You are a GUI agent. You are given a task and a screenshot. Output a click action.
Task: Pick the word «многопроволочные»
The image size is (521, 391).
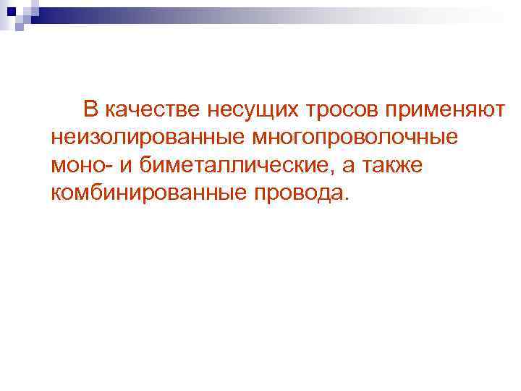tap(355, 137)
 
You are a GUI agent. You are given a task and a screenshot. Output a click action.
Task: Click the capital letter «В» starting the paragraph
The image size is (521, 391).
tap(90, 109)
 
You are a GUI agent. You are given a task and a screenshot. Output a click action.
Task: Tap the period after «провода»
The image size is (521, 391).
tap(345, 198)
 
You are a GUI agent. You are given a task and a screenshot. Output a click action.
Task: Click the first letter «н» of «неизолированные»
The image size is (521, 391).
tap(57, 138)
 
